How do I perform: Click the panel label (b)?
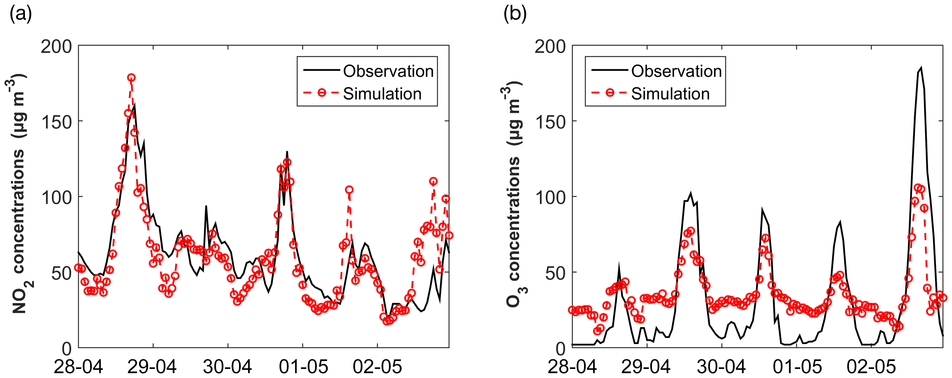(x=515, y=14)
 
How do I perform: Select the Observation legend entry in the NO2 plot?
(x=388, y=71)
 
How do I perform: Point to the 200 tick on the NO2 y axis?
(x=56, y=47)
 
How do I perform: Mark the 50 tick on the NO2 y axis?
(x=61, y=273)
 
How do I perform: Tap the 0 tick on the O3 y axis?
(x=561, y=348)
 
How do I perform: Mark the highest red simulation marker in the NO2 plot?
(x=131, y=78)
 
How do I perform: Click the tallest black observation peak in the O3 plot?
(x=921, y=68)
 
